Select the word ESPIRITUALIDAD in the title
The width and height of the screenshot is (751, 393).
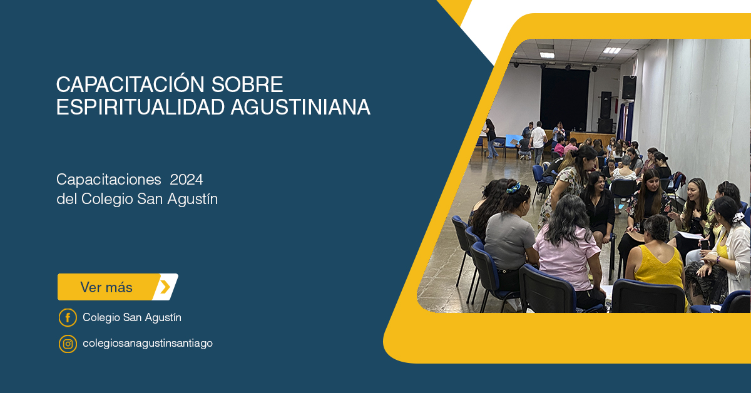[x=140, y=107]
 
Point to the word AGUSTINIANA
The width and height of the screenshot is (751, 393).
[x=300, y=107]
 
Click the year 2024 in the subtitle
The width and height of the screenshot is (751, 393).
[x=186, y=180]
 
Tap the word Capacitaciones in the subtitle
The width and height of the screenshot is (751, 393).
[x=109, y=180]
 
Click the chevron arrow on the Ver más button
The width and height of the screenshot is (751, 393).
[x=165, y=287]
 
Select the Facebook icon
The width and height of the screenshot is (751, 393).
[x=68, y=317]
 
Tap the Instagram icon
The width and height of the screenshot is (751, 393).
[x=68, y=344]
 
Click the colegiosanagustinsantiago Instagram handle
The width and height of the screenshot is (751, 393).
[x=148, y=344]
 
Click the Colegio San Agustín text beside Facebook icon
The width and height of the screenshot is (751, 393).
[x=132, y=317]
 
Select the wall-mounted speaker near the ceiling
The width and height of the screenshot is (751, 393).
[x=629, y=88]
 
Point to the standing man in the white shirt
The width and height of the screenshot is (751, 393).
[x=538, y=141]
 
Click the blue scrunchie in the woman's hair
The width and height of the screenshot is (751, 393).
[x=513, y=188]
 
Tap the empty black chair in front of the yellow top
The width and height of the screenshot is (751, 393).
[x=648, y=297]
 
